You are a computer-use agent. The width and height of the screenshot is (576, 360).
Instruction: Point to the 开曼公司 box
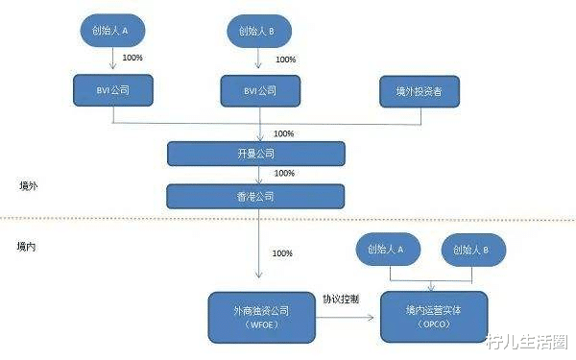[x=256, y=154]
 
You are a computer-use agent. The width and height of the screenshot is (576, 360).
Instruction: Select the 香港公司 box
[x=256, y=196]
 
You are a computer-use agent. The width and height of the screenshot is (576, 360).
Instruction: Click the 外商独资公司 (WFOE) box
[x=262, y=317]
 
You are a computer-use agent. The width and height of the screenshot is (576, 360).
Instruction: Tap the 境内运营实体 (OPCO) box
[x=434, y=317]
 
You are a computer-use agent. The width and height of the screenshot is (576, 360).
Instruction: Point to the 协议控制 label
[x=342, y=299]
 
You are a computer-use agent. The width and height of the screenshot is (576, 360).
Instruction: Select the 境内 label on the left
[x=28, y=247]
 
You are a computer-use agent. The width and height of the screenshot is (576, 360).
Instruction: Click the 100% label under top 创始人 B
[x=286, y=60]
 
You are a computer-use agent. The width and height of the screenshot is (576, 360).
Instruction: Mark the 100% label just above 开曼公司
[x=284, y=133]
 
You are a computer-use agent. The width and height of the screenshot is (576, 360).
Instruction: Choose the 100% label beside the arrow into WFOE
[x=283, y=253]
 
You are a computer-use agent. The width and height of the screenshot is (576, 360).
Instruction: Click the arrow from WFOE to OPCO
[x=348, y=314]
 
